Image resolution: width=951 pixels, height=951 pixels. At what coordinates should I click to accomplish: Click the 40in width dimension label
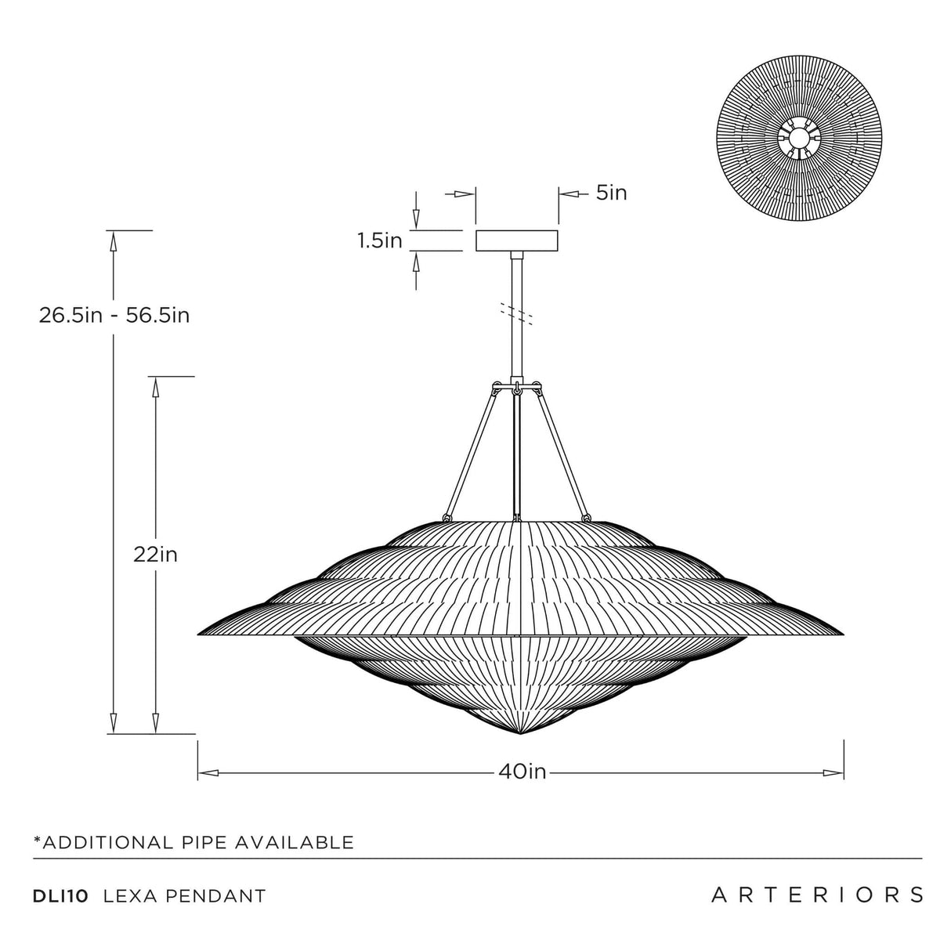[x=522, y=772]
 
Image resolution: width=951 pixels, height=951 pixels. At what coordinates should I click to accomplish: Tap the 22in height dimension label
[x=155, y=555]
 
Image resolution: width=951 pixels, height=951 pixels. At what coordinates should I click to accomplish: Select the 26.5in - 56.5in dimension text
[x=114, y=315]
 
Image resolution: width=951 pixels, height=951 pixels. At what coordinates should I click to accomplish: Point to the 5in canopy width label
[x=611, y=193]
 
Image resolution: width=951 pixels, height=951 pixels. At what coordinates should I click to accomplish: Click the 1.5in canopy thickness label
[x=380, y=240]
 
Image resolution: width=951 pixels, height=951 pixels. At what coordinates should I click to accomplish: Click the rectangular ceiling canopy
[x=517, y=240]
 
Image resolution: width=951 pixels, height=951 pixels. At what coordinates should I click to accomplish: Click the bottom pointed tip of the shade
[x=521, y=733]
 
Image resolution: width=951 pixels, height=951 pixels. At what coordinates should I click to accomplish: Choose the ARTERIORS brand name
[x=817, y=895]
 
